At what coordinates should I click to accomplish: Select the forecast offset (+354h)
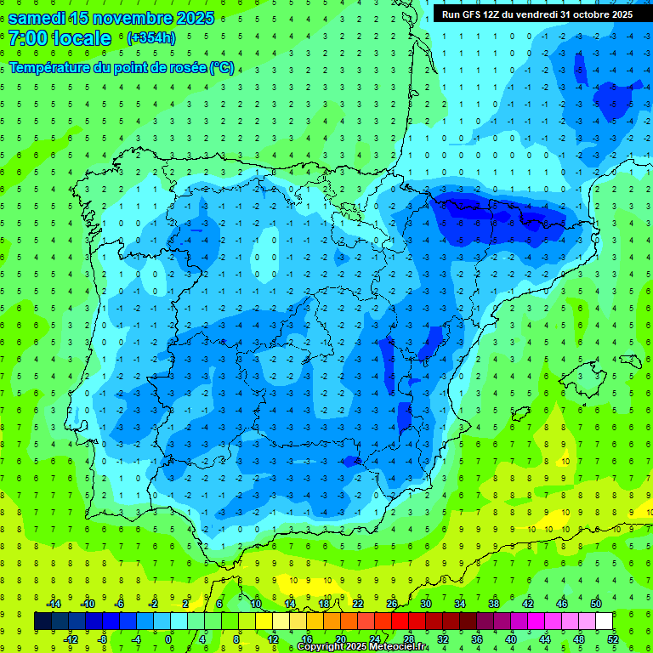point(151,38)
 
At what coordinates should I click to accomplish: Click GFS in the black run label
point(475,14)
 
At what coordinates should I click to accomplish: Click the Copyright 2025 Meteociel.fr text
point(362,647)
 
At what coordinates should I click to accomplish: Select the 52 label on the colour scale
point(613,639)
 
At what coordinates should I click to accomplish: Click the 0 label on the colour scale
point(168,639)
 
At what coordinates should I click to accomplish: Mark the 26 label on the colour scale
point(392,604)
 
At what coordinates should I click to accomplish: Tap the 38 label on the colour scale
point(494,604)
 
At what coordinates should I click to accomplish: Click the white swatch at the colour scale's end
point(605,622)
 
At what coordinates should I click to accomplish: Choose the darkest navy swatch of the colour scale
point(43,622)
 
